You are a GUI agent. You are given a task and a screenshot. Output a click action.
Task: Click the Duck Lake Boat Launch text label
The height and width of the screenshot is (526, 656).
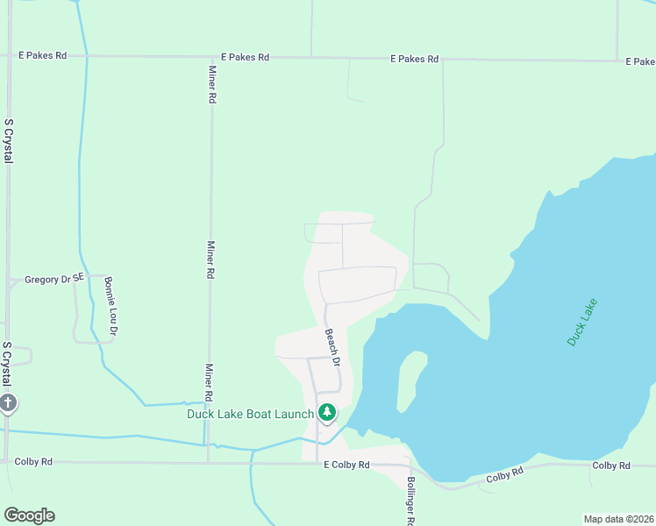[x=250, y=414]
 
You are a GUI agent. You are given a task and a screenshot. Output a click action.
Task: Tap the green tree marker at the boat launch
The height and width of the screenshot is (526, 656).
[x=327, y=411]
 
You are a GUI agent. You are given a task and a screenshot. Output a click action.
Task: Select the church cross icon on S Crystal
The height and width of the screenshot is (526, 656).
[x=8, y=403]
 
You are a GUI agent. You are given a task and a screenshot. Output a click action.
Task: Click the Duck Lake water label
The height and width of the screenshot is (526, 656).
[x=582, y=322]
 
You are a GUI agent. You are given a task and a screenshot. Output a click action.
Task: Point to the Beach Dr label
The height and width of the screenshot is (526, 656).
[x=332, y=348]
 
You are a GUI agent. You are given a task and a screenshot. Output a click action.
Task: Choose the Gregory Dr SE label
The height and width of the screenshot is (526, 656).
[x=54, y=280]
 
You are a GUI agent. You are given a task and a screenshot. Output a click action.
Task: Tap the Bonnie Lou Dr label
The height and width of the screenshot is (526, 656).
[x=111, y=307]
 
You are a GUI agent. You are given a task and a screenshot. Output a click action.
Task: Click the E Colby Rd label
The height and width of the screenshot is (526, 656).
[x=346, y=465]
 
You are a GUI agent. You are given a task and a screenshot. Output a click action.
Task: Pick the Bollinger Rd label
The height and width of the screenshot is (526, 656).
[x=410, y=501]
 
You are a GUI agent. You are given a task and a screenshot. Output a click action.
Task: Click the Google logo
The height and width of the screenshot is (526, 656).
[x=29, y=515]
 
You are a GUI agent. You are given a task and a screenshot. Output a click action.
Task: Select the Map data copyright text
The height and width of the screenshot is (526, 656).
[x=618, y=519]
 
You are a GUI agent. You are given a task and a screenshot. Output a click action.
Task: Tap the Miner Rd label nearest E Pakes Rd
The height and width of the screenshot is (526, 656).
[x=211, y=85]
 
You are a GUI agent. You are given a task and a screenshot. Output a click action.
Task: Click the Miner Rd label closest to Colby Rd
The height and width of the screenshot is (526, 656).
[x=210, y=383]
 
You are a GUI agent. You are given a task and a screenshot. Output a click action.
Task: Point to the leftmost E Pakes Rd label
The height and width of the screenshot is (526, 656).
[x=43, y=55]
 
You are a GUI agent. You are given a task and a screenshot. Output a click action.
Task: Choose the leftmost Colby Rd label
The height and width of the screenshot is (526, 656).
[x=33, y=461]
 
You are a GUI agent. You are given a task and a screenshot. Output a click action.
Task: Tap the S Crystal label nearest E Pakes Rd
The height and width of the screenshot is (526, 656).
[x=8, y=140]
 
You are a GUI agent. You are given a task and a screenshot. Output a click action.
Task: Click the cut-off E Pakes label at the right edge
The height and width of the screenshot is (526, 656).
[x=640, y=61]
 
